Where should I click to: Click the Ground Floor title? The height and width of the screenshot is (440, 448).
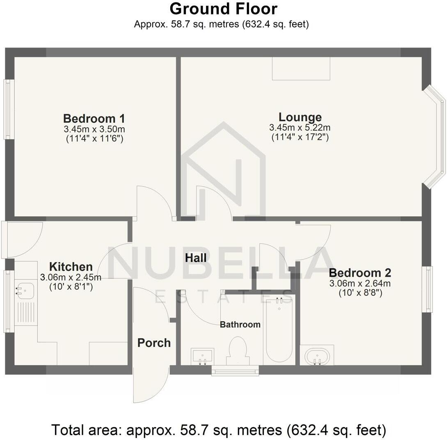tap(224, 9)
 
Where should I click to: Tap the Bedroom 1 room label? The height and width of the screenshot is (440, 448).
tap(94, 119)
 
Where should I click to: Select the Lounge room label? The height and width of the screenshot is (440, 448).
tap(300, 117)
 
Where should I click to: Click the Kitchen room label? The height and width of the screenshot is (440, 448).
tap(71, 267)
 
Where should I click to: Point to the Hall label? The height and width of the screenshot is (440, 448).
tap(196, 258)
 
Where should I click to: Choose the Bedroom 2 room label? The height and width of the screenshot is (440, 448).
tap(360, 273)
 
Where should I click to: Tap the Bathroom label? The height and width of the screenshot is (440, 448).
tap(240, 325)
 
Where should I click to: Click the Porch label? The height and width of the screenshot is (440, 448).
tap(154, 343)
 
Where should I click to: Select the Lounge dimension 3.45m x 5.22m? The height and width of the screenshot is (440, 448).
tap(300, 128)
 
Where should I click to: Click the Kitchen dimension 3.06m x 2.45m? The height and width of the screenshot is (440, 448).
tap(71, 277)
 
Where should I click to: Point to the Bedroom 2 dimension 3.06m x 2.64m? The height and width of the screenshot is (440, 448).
tap(360, 284)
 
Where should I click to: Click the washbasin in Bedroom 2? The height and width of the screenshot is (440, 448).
tap(316, 356)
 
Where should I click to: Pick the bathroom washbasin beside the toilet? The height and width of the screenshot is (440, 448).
tap(202, 356)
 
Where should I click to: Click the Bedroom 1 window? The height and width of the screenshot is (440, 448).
tap(8, 109)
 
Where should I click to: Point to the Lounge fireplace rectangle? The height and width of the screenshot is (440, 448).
tap(301, 68)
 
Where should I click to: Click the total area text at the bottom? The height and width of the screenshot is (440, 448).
tap(219, 430)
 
